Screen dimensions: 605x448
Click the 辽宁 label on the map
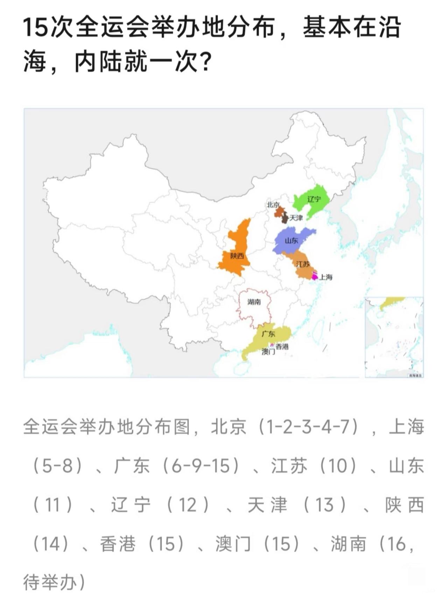314,199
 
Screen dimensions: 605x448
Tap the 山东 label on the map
291,241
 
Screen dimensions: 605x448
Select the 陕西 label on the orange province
237,256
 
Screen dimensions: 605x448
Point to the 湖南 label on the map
254,302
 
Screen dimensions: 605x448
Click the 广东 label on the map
268,334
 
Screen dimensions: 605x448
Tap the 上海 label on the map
326,277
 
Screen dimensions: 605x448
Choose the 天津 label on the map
296,218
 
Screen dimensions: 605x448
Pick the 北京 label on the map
273,205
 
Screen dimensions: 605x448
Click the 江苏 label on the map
303,264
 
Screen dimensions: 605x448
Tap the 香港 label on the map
282,347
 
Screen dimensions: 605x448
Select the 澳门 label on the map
268,352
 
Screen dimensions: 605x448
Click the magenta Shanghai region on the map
314,276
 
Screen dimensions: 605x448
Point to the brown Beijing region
279,212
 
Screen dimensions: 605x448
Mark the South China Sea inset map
394,337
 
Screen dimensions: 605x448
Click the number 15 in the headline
35,28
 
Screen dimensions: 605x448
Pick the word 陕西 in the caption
405,505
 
